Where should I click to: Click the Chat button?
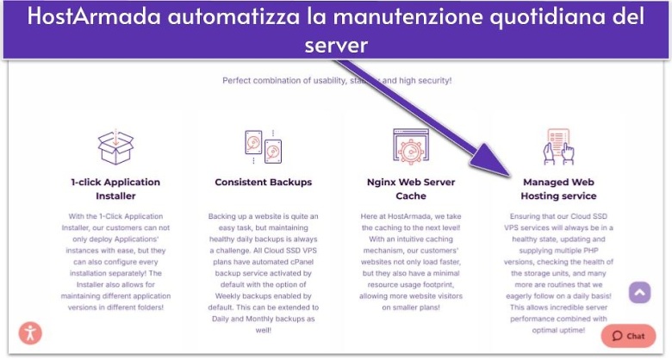point(628,336)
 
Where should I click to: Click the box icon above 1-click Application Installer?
point(115,147)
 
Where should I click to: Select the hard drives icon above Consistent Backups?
point(263,146)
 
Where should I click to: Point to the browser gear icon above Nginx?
point(410,146)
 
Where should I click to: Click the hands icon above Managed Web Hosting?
point(558,146)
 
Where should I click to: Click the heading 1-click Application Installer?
point(115,189)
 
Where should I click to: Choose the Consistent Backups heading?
point(263,183)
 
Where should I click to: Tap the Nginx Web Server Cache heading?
point(410,189)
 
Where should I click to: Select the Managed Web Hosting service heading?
point(558,189)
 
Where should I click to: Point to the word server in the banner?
point(336,44)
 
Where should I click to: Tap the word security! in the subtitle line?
point(431,81)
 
